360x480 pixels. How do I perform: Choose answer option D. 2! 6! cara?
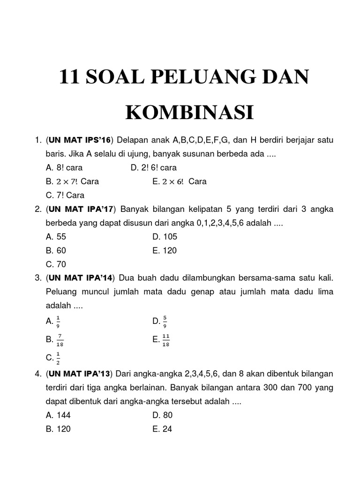[154, 167]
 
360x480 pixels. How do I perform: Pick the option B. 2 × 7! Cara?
[72, 181]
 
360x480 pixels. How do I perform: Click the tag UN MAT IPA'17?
[80, 209]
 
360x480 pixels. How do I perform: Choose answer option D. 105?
[165, 237]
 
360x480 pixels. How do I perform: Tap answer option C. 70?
[55, 264]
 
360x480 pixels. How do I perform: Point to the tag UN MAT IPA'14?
[80, 278]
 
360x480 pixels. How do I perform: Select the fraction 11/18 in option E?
[165, 341]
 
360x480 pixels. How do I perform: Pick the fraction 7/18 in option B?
[60, 341]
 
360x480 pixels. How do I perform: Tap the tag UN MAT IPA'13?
[79, 374]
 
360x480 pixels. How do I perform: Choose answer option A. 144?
[58, 415]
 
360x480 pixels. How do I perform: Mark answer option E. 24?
[162, 428]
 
